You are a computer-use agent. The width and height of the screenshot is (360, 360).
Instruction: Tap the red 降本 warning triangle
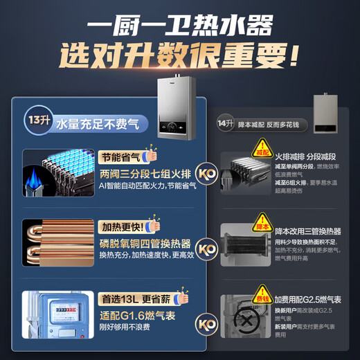[x=261, y=225]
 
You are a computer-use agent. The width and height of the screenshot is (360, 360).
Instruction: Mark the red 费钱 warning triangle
[x=261, y=300]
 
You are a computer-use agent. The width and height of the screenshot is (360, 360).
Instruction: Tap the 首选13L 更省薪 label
[x=132, y=300]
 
